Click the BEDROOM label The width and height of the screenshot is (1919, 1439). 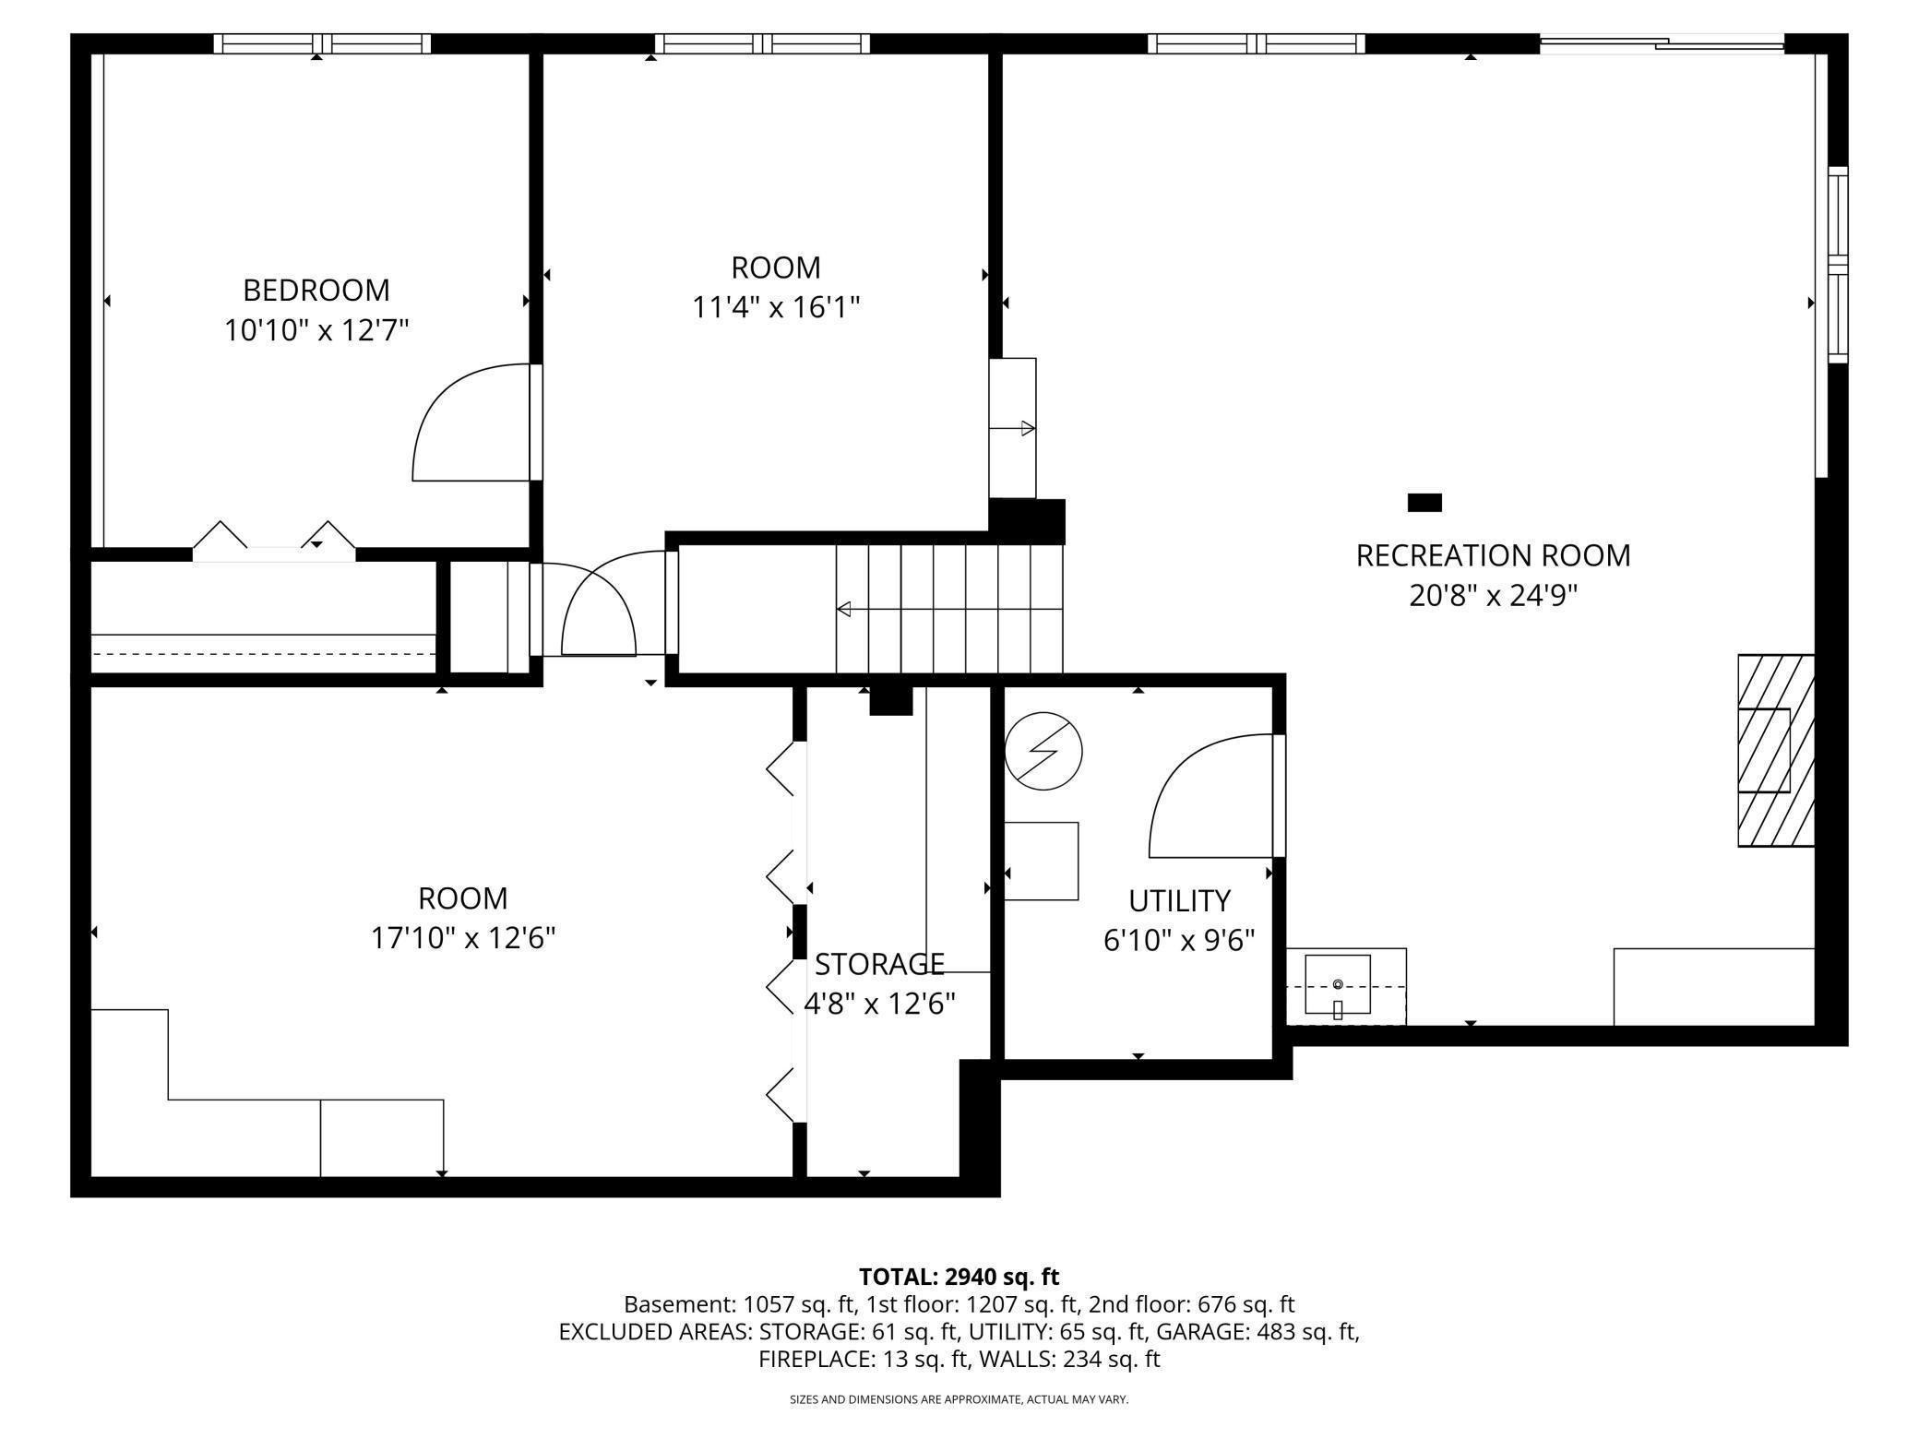click(x=316, y=290)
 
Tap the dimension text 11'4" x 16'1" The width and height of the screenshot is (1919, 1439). click(x=776, y=307)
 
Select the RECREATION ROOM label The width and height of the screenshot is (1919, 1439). click(x=1493, y=555)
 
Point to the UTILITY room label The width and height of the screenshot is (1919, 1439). click(x=1179, y=900)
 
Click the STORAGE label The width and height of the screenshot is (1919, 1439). click(x=879, y=964)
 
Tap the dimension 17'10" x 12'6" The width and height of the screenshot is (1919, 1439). click(x=462, y=938)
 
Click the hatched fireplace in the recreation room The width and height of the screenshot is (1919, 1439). click(x=1775, y=750)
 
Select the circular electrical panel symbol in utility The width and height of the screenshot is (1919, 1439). click(x=1043, y=751)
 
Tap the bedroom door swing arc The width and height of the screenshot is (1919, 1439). click(x=461, y=424)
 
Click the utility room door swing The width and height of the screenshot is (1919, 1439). click(x=1204, y=793)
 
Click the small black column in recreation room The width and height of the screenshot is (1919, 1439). click(x=1424, y=503)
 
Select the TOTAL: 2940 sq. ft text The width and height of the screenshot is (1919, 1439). click(x=959, y=1277)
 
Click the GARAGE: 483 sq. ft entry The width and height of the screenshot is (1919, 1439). click(x=1257, y=1332)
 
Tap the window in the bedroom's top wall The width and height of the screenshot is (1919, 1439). click(x=322, y=43)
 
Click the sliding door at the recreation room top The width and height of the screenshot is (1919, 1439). click(x=1662, y=42)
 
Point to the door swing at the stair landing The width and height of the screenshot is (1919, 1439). click(x=600, y=609)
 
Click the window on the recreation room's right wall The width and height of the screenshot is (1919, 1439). click(x=1838, y=265)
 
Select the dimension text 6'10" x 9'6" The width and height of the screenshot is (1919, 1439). click(x=1179, y=940)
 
